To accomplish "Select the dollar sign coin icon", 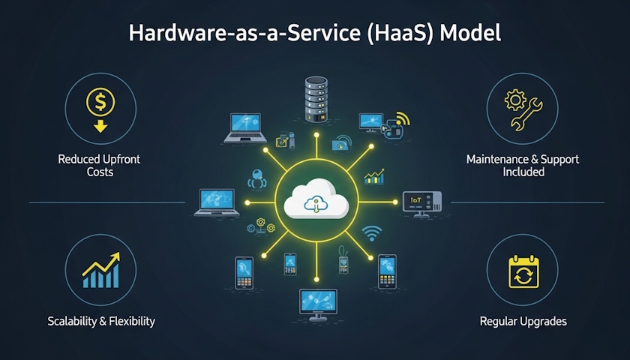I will click(x=100, y=100).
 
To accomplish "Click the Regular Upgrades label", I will click(x=523, y=321).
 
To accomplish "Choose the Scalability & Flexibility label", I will click(x=100, y=321).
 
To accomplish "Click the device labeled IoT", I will click(x=421, y=200).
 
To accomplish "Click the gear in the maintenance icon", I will click(x=515, y=100).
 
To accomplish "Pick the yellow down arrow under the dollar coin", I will click(x=100, y=124).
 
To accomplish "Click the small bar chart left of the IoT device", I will click(x=373, y=177).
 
